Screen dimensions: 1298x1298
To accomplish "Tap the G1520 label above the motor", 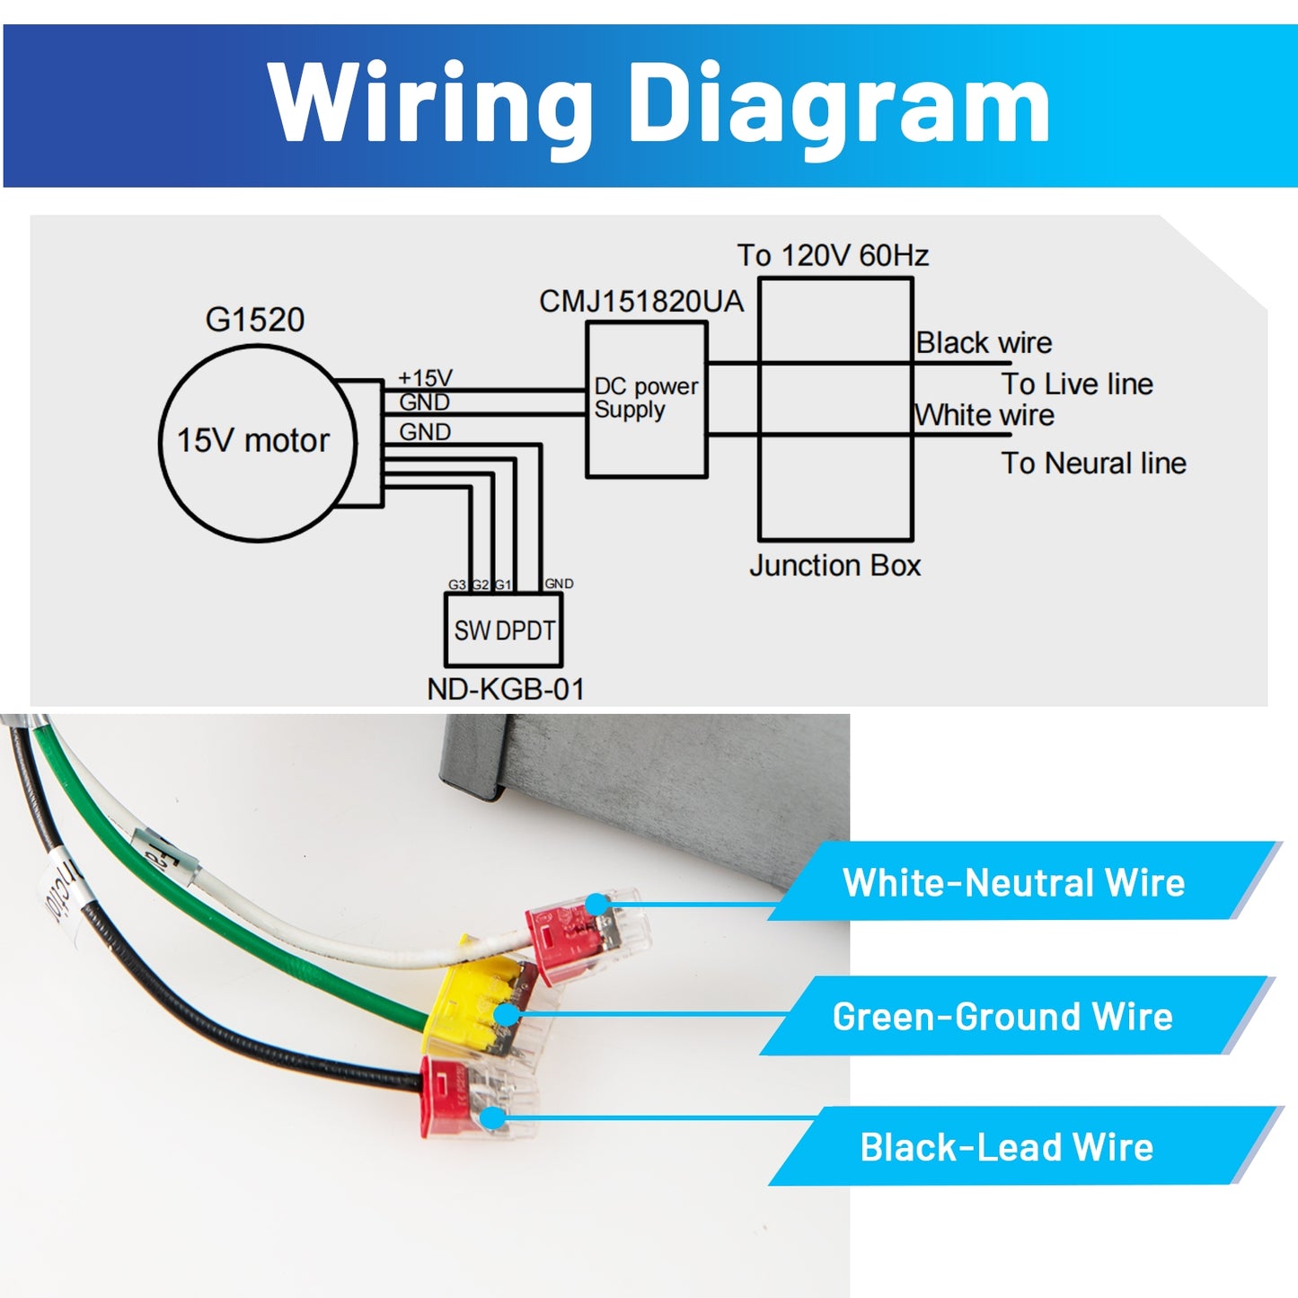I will [255, 320].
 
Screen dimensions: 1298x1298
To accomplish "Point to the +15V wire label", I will [425, 377].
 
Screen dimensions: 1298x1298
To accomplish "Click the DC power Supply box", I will [646, 400].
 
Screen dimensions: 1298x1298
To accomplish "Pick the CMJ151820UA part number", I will [641, 302].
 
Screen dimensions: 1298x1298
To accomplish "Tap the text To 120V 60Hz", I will [833, 256].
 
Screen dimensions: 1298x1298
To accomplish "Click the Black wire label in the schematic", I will [985, 343].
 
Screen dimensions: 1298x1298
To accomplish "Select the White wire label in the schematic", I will [985, 415].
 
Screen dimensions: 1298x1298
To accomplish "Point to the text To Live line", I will [1077, 384].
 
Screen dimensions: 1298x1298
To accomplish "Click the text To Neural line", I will [1093, 464].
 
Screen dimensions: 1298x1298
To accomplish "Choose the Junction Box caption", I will [835, 566].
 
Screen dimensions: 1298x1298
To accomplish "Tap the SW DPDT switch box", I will [504, 631].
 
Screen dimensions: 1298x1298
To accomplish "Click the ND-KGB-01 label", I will [506, 690].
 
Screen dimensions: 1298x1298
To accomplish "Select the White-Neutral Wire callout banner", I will [1013, 882].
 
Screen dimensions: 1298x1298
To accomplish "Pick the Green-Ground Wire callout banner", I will [1002, 1017].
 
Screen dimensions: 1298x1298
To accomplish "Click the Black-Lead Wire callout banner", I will [1007, 1147].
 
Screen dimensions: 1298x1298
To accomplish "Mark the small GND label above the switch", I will [559, 584].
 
